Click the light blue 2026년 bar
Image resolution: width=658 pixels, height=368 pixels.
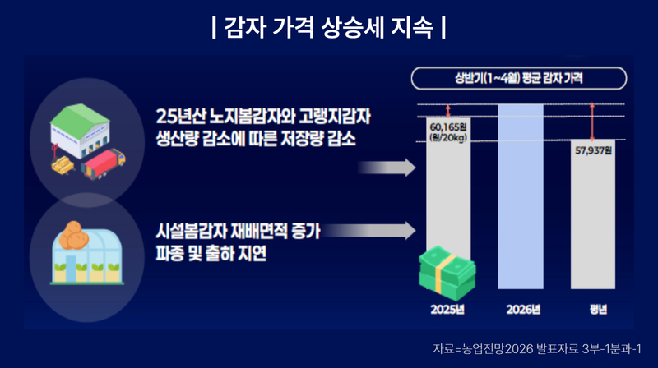[x=521, y=196]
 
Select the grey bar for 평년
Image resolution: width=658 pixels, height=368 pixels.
[x=593, y=214]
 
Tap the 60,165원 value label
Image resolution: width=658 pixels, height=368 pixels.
[x=448, y=126]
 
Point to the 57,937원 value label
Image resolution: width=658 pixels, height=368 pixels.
[x=593, y=150]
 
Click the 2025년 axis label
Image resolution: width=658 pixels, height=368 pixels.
[x=447, y=310]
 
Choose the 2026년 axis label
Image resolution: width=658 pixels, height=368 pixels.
[x=523, y=310]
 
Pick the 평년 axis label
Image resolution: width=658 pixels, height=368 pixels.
[x=598, y=310]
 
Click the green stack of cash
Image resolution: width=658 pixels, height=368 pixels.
[x=447, y=273]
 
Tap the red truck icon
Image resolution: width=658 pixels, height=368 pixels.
[x=104, y=164]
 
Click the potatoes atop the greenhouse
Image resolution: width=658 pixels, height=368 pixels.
[x=73, y=235]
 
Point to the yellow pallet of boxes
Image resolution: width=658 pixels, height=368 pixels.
[x=63, y=165]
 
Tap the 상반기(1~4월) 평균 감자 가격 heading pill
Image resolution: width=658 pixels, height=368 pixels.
[x=519, y=78]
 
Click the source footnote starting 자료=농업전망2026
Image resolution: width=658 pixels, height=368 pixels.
[x=537, y=349]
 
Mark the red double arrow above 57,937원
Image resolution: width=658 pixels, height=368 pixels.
[x=592, y=122]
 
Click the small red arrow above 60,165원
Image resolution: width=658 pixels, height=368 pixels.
[x=448, y=111]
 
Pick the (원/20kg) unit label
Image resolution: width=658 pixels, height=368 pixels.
[x=448, y=137]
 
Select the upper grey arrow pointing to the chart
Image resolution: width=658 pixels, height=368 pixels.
[x=387, y=168]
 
